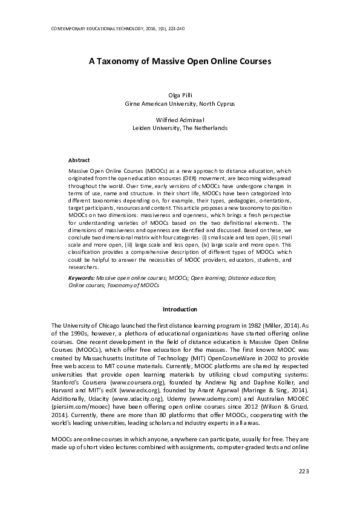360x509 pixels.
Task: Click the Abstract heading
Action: (x=79, y=160)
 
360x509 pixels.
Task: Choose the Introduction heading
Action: (x=180, y=310)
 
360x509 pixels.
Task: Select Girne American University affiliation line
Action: (x=180, y=104)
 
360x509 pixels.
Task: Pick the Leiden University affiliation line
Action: (x=180, y=129)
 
